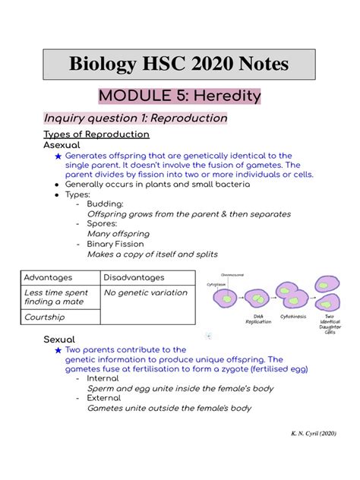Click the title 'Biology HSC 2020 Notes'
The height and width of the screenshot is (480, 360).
click(x=179, y=64)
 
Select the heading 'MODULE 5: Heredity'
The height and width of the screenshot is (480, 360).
click(x=179, y=97)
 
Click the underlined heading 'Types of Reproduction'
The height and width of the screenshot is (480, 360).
click(x=96, y=134)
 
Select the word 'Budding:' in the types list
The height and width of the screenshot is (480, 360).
click(x=105, y=204)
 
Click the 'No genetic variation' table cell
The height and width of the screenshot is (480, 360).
click(x=145, y=292)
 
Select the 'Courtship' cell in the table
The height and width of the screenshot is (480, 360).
click(x=44, y=317)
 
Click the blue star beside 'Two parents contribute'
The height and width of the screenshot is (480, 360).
click(x=58, y=350)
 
